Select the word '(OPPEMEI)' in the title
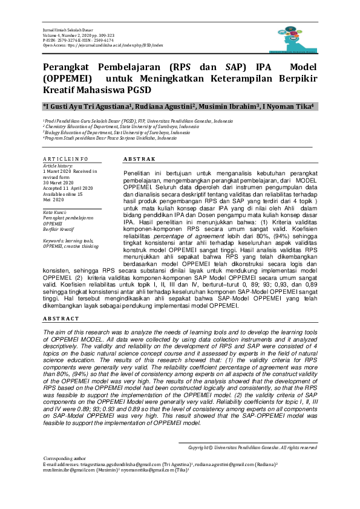pos(68,78)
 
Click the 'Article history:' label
pos(57,165)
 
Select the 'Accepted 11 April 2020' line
pos(68,188)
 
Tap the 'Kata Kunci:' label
pos(55,211)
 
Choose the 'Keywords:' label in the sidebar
pos(54,241)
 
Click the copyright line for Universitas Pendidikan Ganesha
pos(252,447)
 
